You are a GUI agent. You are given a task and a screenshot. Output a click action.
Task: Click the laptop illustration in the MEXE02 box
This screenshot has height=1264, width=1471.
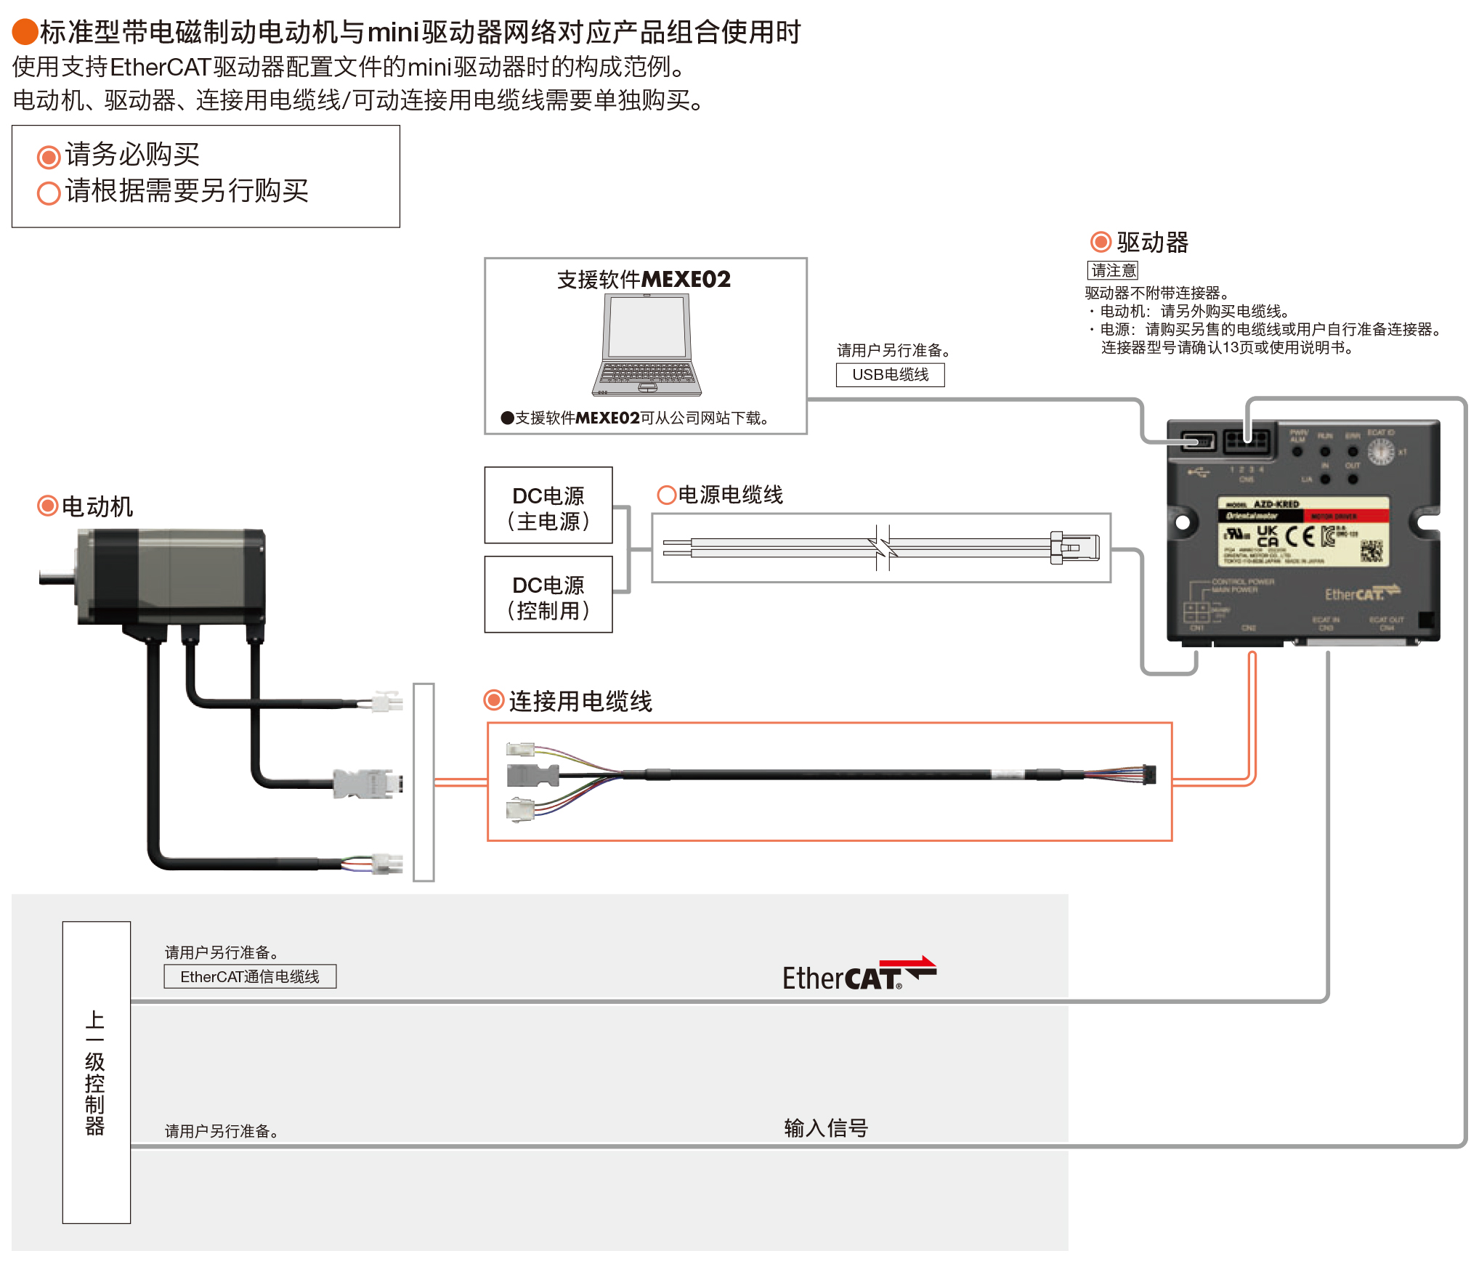646,345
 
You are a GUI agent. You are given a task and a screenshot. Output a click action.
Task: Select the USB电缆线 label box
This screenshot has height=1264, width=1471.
890,375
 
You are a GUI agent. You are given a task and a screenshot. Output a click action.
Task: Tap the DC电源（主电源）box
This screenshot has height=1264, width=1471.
548,506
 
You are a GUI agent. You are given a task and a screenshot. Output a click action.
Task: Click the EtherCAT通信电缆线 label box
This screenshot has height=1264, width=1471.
250,977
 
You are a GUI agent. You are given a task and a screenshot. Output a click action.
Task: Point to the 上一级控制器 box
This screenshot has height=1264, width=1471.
96,1072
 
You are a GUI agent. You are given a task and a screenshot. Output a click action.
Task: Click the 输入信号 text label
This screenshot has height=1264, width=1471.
826,1127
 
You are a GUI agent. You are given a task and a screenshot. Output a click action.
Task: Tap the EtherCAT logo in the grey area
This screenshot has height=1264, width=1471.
858,976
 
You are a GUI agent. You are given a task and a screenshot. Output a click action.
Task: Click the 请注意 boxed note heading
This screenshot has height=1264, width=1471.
1112,271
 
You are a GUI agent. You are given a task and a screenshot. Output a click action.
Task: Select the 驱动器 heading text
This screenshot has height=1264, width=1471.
1152,243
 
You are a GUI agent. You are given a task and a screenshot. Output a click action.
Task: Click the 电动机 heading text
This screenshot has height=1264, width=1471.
97,506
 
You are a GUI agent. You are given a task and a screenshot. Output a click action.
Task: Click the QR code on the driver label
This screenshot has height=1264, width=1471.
1371,551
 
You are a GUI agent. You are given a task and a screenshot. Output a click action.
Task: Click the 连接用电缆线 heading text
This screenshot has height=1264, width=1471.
580,701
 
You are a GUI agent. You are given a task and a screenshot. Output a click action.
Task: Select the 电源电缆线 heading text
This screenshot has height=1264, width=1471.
730,495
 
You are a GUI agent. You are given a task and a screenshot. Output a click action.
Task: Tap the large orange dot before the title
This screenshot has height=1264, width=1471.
25,32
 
